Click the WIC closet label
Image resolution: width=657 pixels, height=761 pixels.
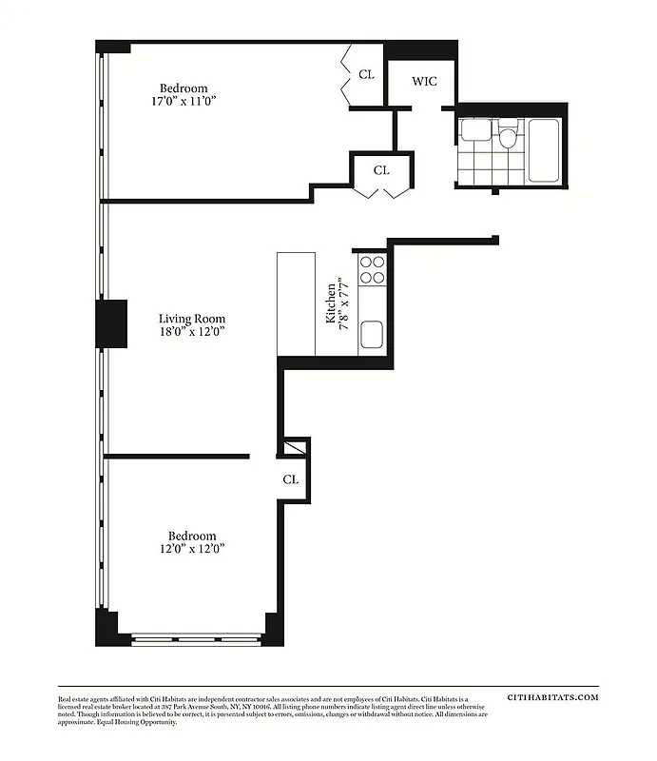[424, 81]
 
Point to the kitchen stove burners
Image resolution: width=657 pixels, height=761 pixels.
[371, 270]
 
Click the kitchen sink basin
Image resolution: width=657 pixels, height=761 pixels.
[371, 333]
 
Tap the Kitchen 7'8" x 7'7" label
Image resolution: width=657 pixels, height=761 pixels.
[338, 303]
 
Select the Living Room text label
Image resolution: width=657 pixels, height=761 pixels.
[192, 319]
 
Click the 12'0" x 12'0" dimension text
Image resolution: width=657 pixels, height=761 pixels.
[192, 549]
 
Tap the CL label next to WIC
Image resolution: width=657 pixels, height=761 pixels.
[366, 74]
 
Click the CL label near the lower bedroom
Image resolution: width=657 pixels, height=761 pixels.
[290, 479]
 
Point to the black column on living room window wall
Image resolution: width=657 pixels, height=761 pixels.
[110, 323]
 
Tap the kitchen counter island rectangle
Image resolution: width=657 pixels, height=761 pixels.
[296, 303]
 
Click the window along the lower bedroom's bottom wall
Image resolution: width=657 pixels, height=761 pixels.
[198, 637]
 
